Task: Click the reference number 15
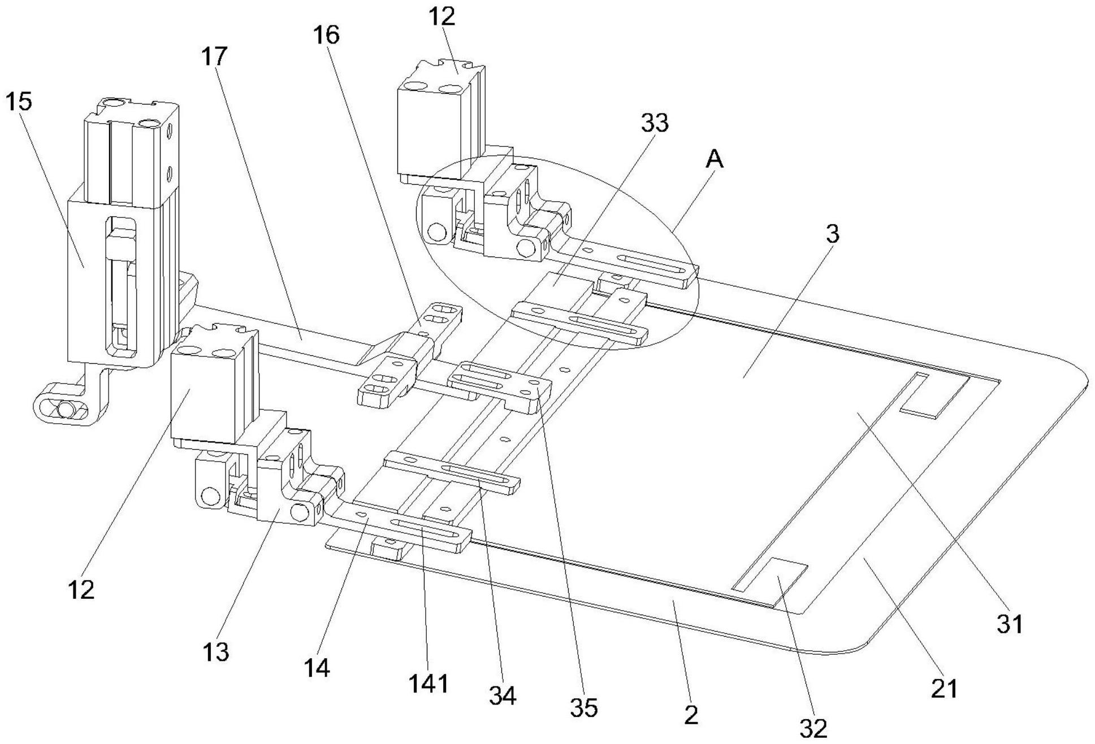tap(19, 102)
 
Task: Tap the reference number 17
tap(214, 56)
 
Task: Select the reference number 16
tap(326, 35)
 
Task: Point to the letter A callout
tap(715, 160)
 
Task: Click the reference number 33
tap(654, 123)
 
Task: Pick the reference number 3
tap(833, 234)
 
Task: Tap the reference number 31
tap(1010, 624)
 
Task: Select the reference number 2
tap(691, 715)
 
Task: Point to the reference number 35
tap(583, 707)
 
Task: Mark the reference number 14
tap(317, 668)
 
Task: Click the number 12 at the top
tap(442, 16)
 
